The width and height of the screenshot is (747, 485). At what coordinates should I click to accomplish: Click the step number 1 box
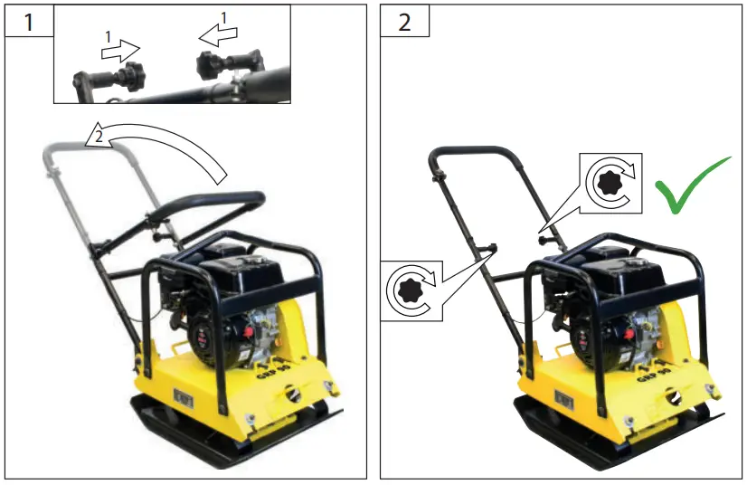27,21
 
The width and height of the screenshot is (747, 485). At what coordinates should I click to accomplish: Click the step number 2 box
403,21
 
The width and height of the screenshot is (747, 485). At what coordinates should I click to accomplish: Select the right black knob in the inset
209,63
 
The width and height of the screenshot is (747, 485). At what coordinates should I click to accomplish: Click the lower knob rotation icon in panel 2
411,290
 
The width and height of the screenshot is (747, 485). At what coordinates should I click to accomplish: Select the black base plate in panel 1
226,443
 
